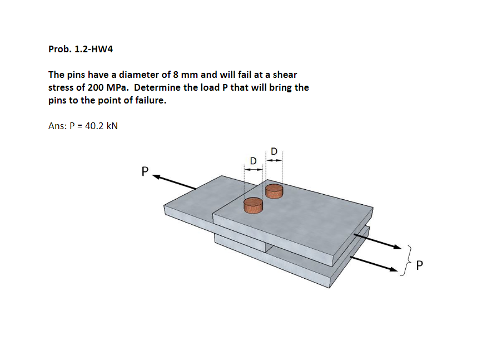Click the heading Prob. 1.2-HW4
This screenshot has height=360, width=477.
[x=81, y=49]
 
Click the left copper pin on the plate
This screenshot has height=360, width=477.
[x=253, y=204]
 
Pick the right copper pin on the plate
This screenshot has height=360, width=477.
[x=275, y=191]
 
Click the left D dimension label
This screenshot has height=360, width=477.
[x=253, y=160]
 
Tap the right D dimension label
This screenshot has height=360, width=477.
[x=274, y=150]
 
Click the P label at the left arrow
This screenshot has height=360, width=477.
[x=145, y=171]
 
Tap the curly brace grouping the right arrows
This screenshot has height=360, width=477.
[x=409, y=259]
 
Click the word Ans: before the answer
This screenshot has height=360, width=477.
[x=57, y=126]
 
